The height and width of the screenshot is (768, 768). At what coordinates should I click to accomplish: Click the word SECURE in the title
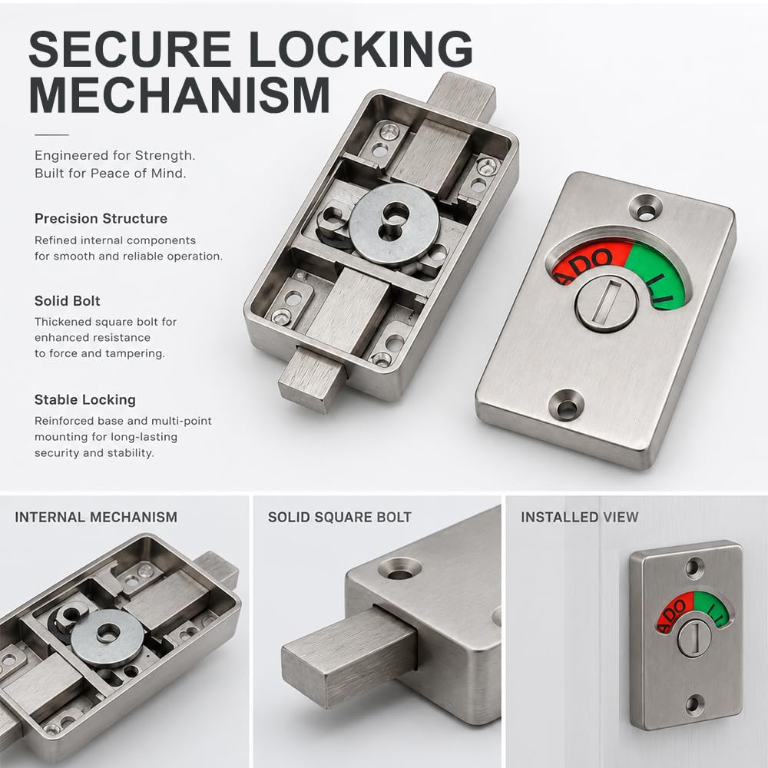pos(130,48)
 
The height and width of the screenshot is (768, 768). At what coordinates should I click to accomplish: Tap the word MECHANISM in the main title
pos(180,94)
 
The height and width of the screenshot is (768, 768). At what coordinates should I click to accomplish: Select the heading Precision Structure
pos(101,218)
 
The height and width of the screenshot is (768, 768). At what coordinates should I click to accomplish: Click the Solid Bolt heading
pos(67,301)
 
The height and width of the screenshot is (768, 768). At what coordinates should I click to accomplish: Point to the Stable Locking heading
pos(84,399)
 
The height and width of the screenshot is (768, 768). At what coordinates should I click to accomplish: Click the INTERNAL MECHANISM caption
pos(96,517)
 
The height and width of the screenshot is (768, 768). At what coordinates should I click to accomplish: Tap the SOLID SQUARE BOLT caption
pos(339,517)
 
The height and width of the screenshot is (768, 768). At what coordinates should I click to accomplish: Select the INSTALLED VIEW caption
pos(579,517)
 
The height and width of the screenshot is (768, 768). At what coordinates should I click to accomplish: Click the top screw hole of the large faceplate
pos(646,209)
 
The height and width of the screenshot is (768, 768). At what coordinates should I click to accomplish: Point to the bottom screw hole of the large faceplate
pos(566,405)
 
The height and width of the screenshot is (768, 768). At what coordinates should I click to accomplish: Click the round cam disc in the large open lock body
pos(394,225)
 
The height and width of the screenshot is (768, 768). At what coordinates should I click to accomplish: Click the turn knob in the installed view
pos(694,637)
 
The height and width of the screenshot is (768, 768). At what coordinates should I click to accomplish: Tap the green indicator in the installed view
pos(713,609)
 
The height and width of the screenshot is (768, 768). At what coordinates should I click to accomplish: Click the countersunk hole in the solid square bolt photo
pos(399,568)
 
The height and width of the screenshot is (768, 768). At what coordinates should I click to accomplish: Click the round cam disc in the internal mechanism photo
pos(108,638)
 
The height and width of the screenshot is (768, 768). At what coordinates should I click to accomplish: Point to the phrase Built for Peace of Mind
pos(110,174)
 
